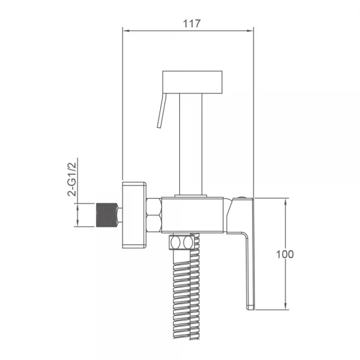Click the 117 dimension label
coord(192,23)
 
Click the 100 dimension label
coord(284,254)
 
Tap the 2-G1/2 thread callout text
coord(72,179)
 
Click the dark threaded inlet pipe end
coord(107,215)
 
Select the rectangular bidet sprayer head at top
coord(193,82)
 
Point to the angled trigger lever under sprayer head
coord(161,110)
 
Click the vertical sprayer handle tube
coord(191,144)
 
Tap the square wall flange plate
coord(134,215)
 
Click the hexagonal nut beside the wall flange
coord(154,215)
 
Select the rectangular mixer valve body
coord(193,215)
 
